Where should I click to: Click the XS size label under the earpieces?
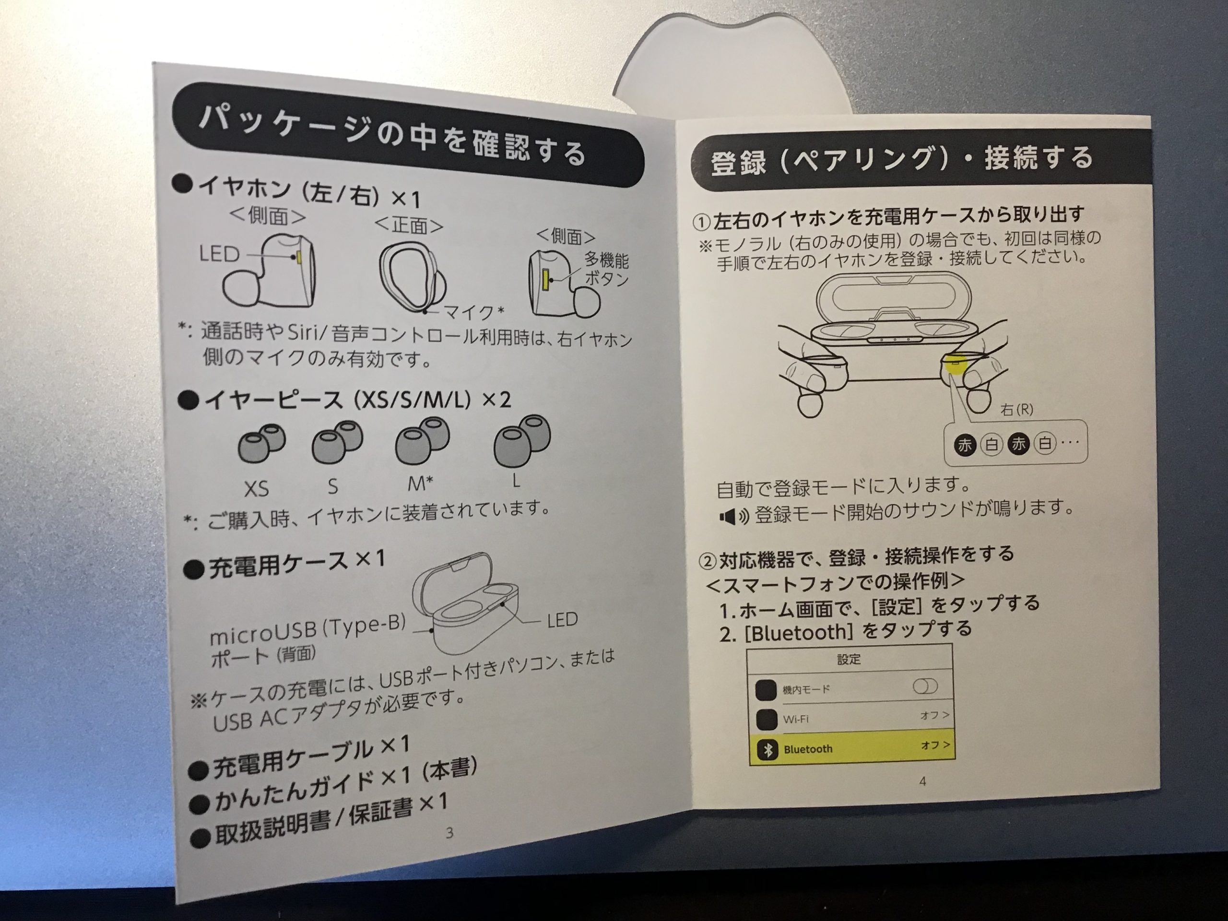tap(257, 488)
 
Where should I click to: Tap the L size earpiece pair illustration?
tap(522, 441)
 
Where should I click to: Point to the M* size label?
tap(420, 484)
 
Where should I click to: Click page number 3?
tap(449, 832)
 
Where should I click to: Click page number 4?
tap(922, 781)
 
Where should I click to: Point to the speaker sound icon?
tap(734, 517)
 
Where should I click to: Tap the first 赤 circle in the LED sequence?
tap(965, 445)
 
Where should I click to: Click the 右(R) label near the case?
tap(1016, 410)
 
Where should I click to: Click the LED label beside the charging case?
tap(562, 620)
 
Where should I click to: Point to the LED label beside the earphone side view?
tap(219, 254)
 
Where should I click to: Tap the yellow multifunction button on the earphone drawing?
tap(546, 279)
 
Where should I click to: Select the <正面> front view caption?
tap(409, 225)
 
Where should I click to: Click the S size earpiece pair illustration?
tap(337, 441)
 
